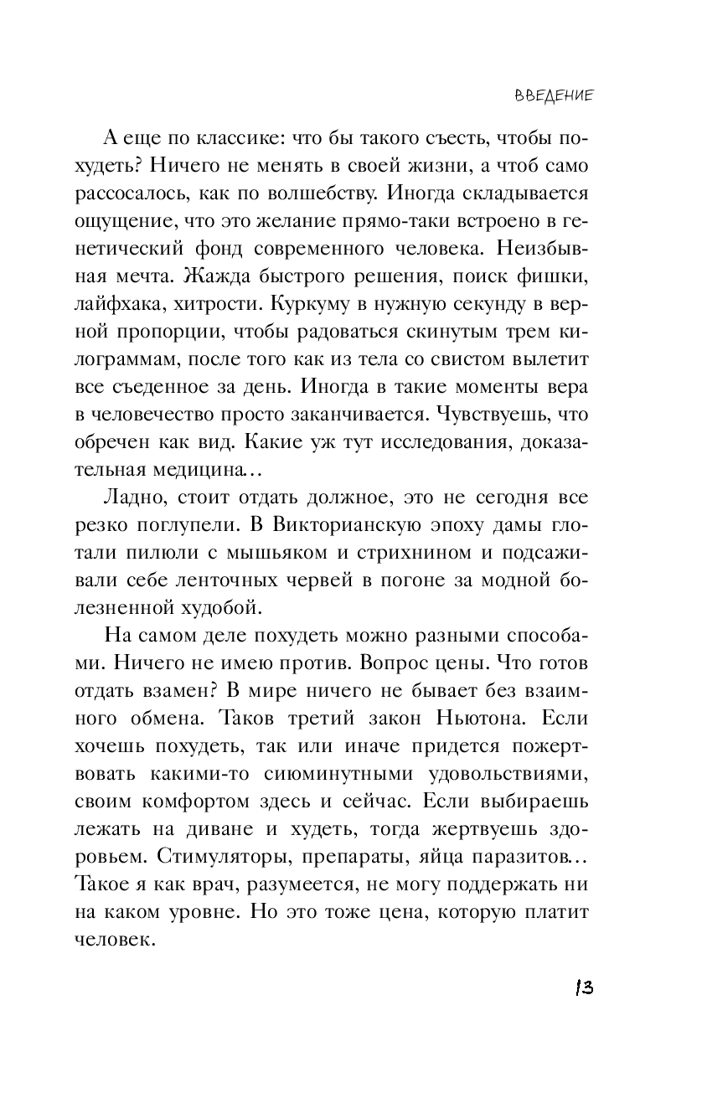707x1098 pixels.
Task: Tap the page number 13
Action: coord(584,987)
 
